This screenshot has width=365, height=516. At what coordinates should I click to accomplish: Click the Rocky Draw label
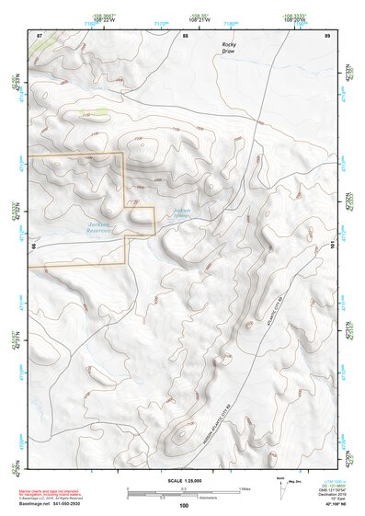pyautogui.click(x=228, y=48)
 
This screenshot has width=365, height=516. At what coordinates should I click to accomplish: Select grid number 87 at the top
pyautogui.click(x=40, y=35)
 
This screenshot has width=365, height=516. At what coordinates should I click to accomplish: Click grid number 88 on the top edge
pyautogui.click(x=185, y=35)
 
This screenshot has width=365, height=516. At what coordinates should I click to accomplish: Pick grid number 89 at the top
pyautogui.click(x=327, y=35)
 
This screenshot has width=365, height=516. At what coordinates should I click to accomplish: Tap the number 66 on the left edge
pyautogui.click(x=32, y=246)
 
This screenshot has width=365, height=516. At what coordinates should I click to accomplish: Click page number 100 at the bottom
pyautogui.click(x=184, y=505)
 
